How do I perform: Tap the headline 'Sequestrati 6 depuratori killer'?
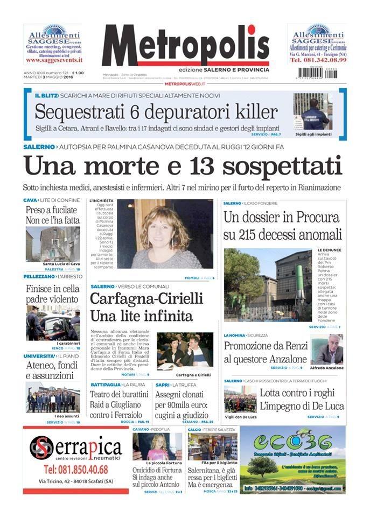pos(156,112)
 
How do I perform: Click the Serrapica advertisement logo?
pos(75,447)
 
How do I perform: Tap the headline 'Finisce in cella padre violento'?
pos(52,294)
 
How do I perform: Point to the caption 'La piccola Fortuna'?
pos(157,463)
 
